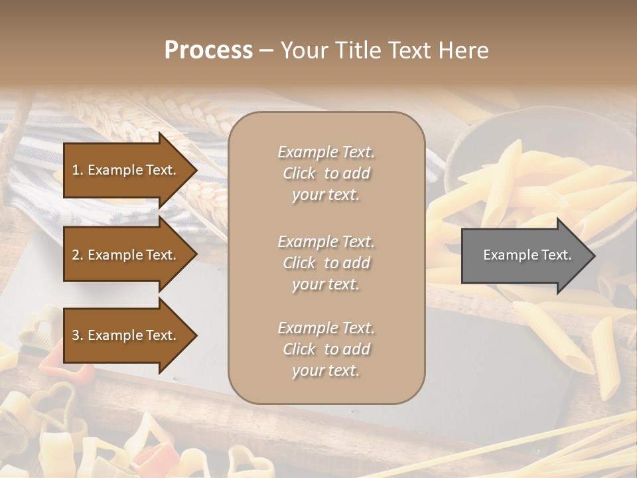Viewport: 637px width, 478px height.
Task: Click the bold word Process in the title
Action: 208,50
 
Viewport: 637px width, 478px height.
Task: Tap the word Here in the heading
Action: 462,50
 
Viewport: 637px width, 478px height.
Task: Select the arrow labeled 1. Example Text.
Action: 126,170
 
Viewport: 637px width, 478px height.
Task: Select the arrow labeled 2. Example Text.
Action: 126,255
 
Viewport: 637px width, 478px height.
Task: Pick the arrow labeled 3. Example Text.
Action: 126,335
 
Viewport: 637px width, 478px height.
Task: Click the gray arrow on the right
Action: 524,255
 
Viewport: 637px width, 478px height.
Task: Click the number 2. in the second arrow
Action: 78,255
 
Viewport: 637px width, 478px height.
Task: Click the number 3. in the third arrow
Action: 78,335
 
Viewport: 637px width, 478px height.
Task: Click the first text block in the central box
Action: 326,173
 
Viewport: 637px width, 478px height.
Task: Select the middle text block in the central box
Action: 326,263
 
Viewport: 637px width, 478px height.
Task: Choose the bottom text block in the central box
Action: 326,349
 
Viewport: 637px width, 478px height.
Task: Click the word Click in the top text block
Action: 299,173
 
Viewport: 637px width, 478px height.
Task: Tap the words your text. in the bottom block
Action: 326,370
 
